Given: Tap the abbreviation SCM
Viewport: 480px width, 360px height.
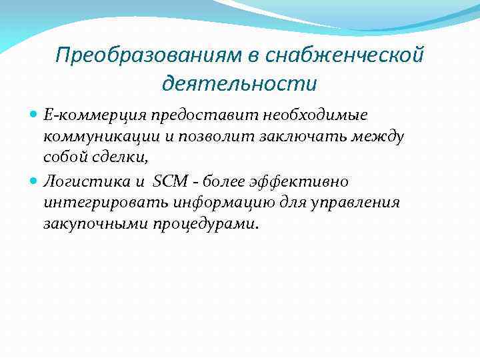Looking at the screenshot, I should (171, 181).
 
